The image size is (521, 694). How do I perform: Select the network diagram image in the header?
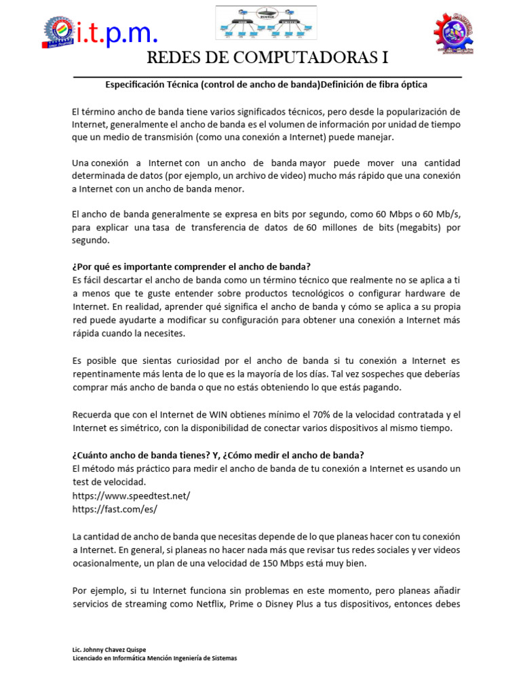267,24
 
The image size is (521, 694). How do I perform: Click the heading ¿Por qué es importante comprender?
191,266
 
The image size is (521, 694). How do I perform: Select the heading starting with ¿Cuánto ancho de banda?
218,454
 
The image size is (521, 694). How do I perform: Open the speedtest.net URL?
131,495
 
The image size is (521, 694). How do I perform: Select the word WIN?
189,414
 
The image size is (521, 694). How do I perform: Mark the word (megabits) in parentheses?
421,228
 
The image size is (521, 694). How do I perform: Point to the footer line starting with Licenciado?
155,658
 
